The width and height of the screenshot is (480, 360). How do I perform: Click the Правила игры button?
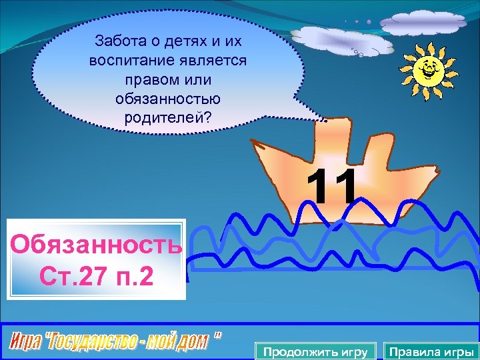tap(431, 351)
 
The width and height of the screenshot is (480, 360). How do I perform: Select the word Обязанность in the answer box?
tap(96, 245)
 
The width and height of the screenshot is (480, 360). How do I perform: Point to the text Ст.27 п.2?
tap(96, 274)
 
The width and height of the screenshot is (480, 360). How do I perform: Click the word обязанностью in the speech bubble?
tap(167, 99)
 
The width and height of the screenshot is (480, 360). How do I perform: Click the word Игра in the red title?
tap(25, 343)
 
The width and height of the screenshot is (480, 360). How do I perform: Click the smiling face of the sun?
tap(427, 68)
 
